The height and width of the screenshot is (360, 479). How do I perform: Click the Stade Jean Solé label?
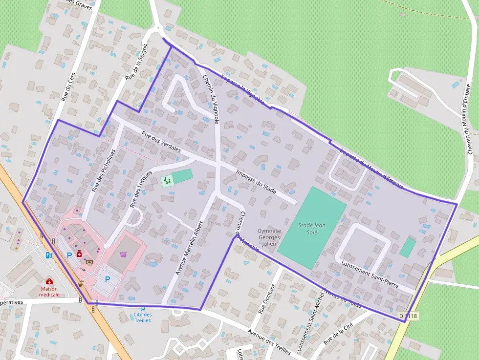(312, 229)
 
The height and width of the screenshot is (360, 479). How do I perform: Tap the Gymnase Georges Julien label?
(269, 237)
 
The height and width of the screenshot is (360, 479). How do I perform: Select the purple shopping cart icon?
(123, 254)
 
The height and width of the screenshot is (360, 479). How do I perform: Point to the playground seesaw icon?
(167, 181)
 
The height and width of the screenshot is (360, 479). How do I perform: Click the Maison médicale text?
(49, 292)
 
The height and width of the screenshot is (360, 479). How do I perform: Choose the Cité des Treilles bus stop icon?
(142, 308)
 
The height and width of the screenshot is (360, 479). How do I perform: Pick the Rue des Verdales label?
(161, 142)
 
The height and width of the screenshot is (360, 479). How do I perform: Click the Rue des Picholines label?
(103, 170)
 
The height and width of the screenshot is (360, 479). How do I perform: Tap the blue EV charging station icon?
(48, 254)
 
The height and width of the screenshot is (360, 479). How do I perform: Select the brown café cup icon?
(80, 282)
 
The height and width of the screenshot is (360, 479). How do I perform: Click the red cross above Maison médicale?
(49, 281)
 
